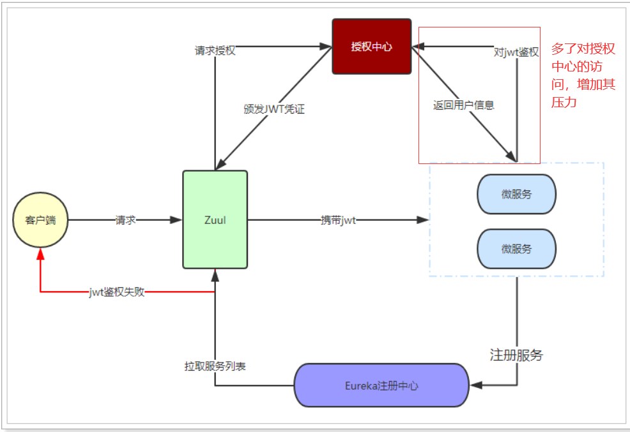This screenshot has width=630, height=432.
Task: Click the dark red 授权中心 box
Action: [x=371, y=47]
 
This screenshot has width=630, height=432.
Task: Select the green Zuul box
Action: [x=215, y=220]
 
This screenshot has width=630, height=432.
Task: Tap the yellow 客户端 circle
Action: [x=40, y=220]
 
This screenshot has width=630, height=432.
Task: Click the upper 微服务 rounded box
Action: [x=516, y=194]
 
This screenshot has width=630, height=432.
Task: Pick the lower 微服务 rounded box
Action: [x=516, y=248]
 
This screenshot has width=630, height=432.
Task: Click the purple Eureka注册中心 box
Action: [x=381, y=385]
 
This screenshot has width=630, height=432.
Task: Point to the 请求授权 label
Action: [x=215, y=50]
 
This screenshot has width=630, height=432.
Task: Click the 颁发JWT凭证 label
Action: [x=274, y=108]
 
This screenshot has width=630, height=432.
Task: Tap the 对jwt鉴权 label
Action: [x=516, y=52]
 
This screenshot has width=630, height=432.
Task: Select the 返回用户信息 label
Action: [x=463, y=105]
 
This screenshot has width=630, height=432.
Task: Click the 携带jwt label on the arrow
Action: [x=338, y=220]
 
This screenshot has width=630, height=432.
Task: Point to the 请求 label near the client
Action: [x=125, y=220]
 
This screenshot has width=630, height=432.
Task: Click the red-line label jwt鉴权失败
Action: [x=117, y=292]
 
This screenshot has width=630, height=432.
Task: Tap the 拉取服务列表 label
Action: [x=215, y=366]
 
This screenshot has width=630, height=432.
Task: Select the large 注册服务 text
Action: [x=516, y=355]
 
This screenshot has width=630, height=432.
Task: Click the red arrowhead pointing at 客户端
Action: [x=40, y=253]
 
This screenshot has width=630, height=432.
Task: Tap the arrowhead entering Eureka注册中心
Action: [x=475, y=385]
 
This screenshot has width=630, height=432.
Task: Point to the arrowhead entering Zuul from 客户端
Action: [x=177, y=220]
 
